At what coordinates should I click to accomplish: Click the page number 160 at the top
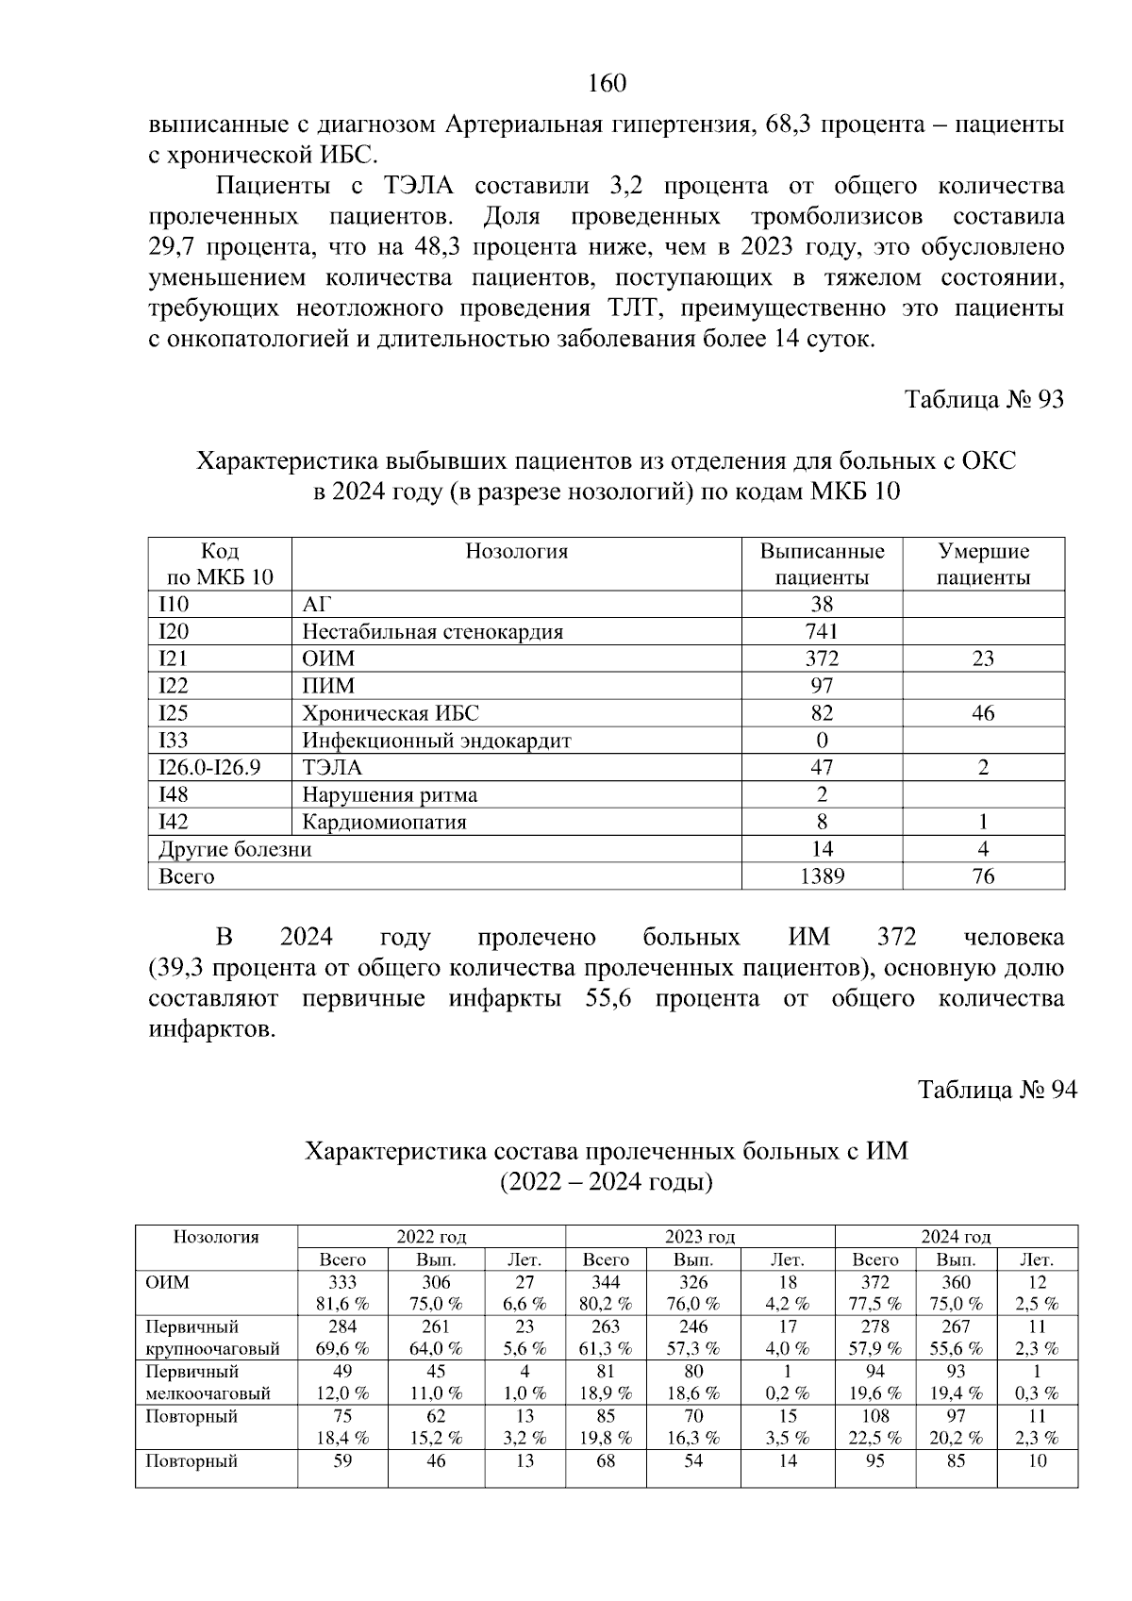click(x=607, y=84)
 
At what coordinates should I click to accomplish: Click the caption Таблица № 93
click(x=984, y=399)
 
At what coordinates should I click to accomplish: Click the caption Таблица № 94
click(x=997, y=1090)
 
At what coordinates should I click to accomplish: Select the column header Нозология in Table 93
click(x=516, y=552)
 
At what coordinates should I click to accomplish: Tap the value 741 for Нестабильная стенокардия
click(x=822, y=632)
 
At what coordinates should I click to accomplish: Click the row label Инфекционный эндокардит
click(x=437, y=741)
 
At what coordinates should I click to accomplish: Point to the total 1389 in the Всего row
click(x=822, y=876)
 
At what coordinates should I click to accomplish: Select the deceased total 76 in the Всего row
click(x=983, y=876)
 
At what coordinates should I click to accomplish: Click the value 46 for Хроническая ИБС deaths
click(x=983, y=713)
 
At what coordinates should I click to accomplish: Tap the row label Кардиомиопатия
click(x=384, y=822)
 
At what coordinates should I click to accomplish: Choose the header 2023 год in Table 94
click(x=700, y=1237)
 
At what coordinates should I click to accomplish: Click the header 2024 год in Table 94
click(x=956, y=1237)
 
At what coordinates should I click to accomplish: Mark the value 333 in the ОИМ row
click(x=341, y=1282)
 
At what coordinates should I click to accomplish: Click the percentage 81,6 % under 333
click(x=341, y=1304)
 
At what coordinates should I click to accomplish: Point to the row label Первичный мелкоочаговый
click(x=208, y=1382)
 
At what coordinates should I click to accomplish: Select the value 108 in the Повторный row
click(x=874, y=1416)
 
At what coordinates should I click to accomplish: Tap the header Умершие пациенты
click(x=983, y=564)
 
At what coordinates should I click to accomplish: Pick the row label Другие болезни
click(x=235, y=849)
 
